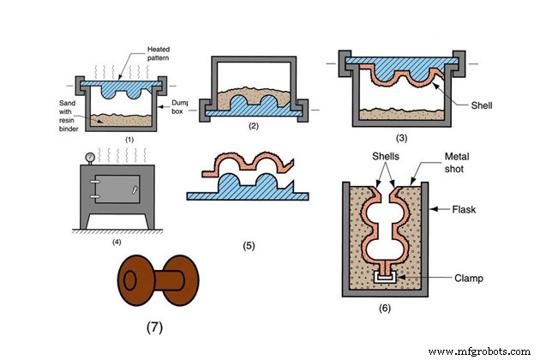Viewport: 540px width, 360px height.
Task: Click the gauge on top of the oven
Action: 89,156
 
